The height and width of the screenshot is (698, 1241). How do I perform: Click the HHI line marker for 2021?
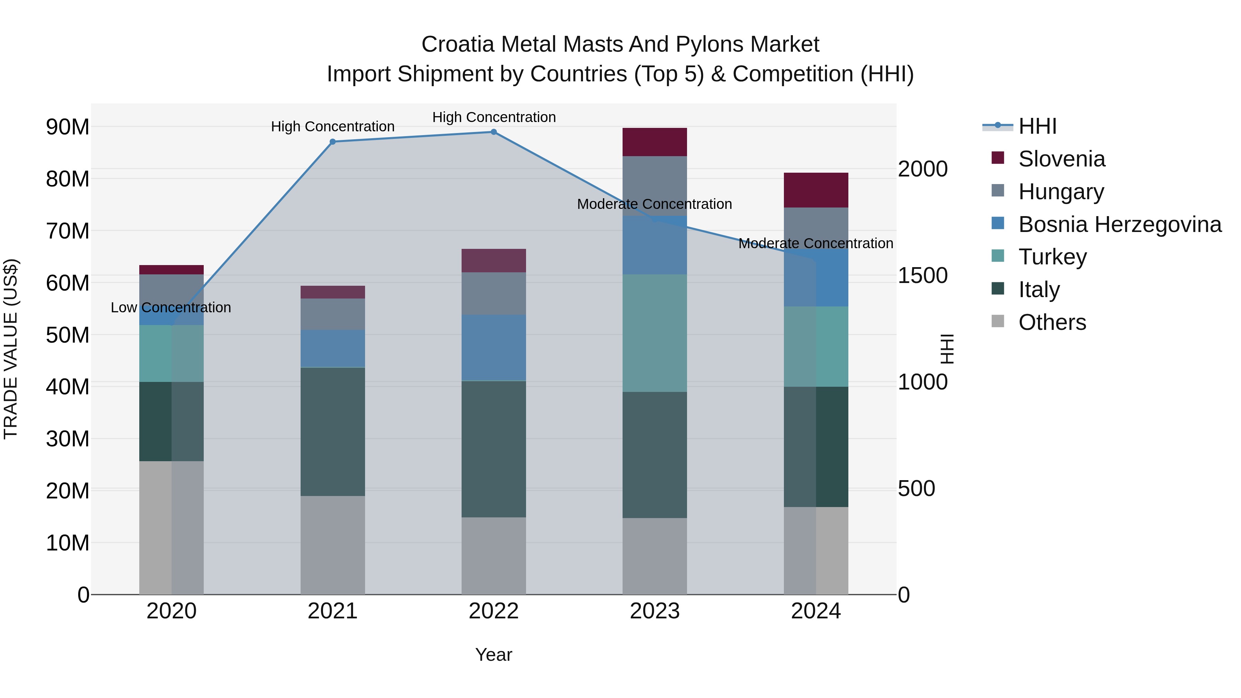332,142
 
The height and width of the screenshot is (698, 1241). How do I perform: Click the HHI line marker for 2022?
494,132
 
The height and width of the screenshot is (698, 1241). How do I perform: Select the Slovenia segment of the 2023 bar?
654,142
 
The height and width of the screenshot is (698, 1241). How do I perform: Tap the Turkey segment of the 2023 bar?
654,333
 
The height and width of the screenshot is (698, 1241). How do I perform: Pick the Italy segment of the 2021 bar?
332,432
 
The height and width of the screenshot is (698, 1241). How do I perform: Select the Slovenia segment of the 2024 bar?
816,190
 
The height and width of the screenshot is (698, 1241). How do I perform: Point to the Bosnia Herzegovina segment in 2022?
494,347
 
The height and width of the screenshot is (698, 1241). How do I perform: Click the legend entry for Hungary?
1061,192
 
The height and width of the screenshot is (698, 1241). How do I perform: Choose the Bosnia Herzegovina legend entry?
1120,224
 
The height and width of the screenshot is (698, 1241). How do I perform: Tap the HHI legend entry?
1037,126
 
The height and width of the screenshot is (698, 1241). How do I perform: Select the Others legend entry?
1052,322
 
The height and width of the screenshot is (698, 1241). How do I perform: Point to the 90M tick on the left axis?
68,127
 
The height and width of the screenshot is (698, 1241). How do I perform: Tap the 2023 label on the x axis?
654,611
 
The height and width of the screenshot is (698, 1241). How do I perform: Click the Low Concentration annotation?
171,307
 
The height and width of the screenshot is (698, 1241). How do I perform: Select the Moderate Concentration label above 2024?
816,243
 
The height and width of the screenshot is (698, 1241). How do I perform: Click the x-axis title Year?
493,655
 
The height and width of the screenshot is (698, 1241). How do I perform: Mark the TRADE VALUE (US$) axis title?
11,349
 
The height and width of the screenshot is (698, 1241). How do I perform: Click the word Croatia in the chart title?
458,44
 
